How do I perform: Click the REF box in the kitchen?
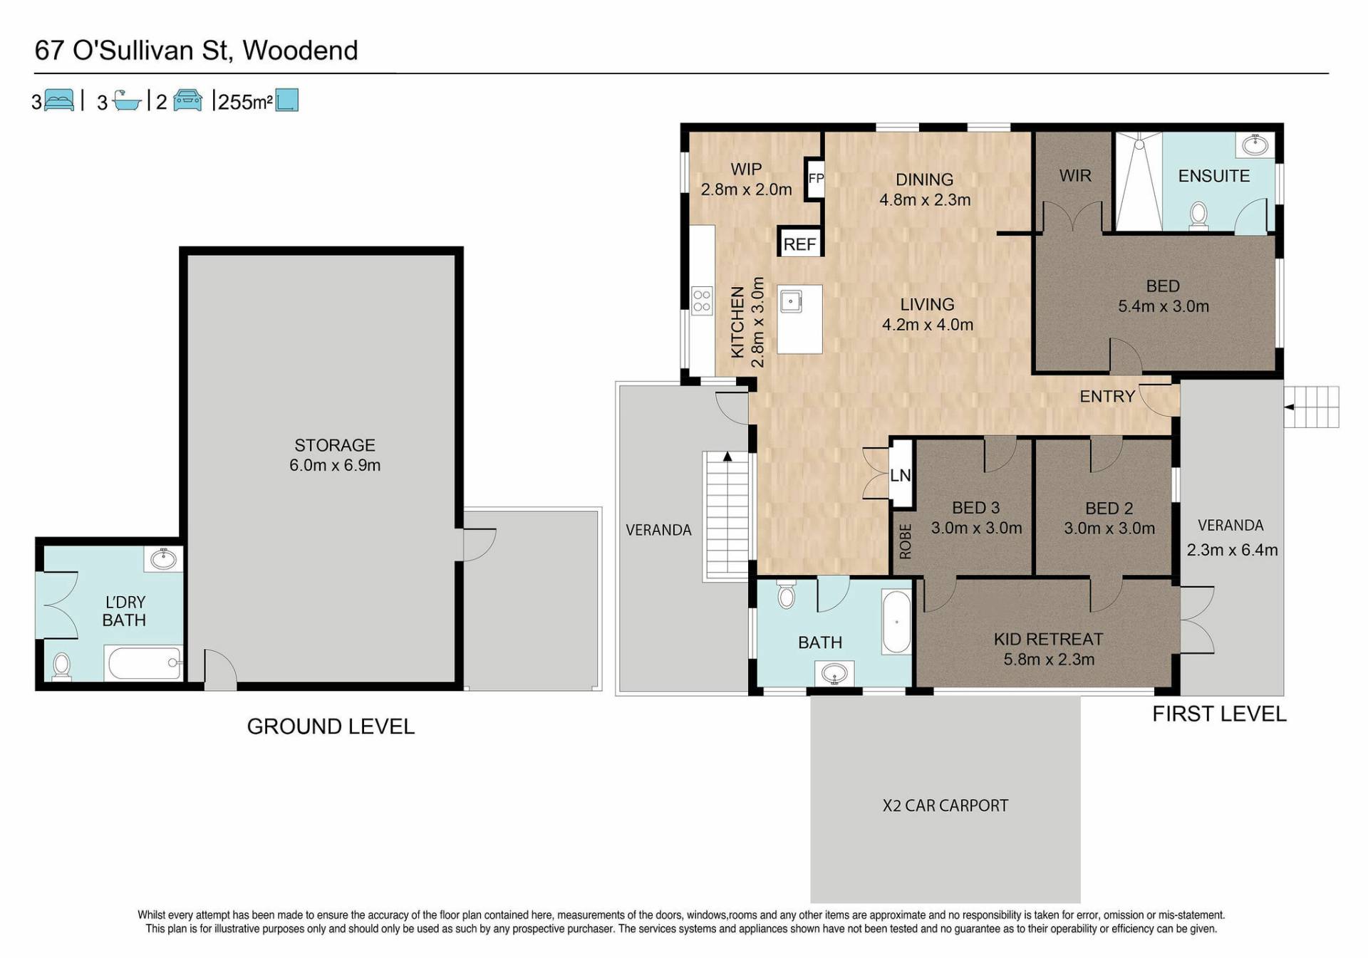[x=799, y=244]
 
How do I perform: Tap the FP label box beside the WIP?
[x=815, y=179]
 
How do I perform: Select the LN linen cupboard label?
[x=901, y=474]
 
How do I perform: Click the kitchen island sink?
[x=790, y=301]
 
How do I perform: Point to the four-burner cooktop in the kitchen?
[x=703, y=300]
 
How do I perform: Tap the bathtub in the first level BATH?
[x=896, y=621]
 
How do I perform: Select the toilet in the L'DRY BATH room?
[x=62, y=667]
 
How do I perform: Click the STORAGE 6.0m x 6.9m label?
[x=335, y=455]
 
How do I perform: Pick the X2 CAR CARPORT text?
[x=945, y=806]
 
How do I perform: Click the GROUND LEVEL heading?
[x=331, y=727]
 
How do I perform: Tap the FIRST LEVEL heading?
[x=1219, y=714]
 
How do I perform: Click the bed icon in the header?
[x=59, y=100]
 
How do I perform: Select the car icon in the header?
[x=187, y=100]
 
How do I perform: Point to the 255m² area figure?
[x=245, y=102]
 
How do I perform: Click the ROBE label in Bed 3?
[x=905, y=541]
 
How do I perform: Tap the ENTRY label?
[x=1107, y=397]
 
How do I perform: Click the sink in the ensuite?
[x=1255, y=146]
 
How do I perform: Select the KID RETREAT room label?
[x=1049, y=640]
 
